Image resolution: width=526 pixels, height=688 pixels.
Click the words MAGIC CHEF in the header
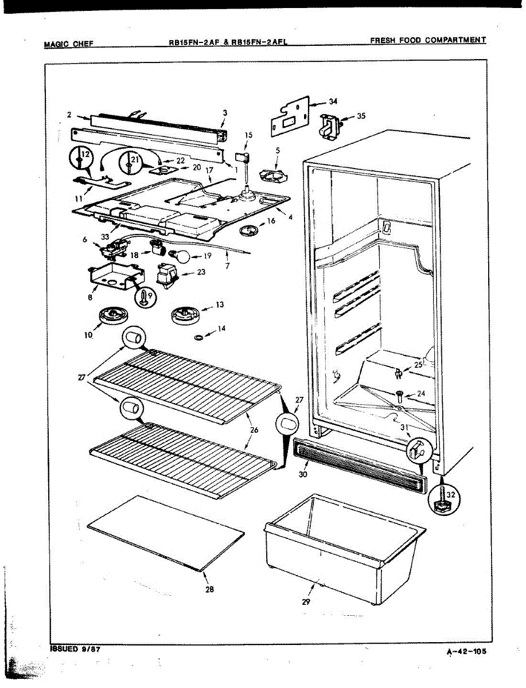pyautogui.click(x=68, y=44)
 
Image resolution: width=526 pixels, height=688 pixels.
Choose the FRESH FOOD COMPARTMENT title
pyautogui.click(x=427, y=40)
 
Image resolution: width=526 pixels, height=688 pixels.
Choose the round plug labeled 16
pyautogui.click(x=248, y=230)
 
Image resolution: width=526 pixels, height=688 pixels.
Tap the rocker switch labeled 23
pyautogui.click(x=167, y=275)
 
